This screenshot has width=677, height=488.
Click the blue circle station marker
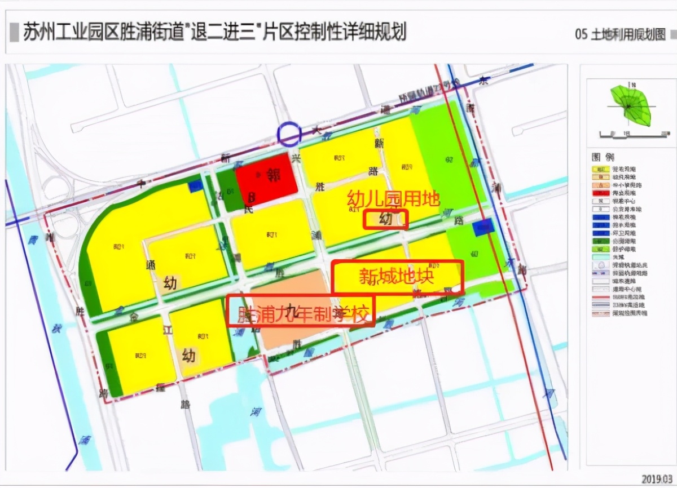289,134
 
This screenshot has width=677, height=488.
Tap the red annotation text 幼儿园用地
393,198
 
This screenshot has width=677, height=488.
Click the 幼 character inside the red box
386,219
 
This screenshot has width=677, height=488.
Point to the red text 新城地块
397,277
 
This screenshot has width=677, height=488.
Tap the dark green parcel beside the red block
226,190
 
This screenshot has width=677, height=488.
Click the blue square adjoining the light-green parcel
482,228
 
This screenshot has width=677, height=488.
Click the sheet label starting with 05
620,34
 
